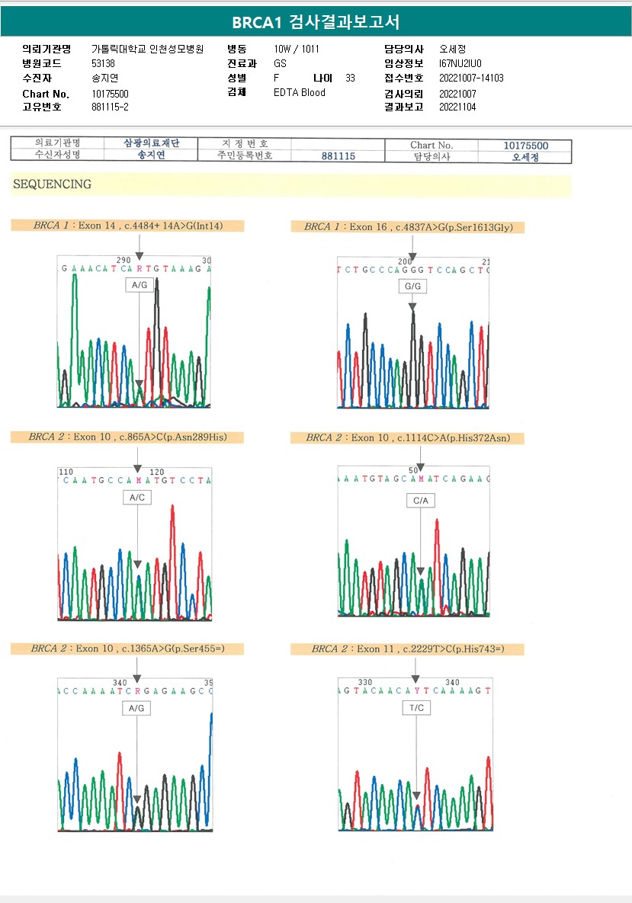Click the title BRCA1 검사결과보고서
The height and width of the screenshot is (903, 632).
pyautogui.click(x=316, y=22)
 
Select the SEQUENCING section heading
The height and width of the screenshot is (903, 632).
pyautogui.click(x=53, y=184)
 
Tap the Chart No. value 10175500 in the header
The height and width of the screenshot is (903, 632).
pyautogui.click(x=110, y=94)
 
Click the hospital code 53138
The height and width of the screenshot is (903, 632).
pyautogui.click(x=103, y=63)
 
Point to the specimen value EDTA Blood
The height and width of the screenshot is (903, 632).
pyautogui.click(x=300, y=92)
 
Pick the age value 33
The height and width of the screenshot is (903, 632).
pyautogui.click(x=350, y=78)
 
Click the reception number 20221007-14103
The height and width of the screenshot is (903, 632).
pyautogui.click(x=471, y=78)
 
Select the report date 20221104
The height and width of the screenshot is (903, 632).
pyautogui.click(x=457, y=107)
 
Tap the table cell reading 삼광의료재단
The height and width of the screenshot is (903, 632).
pyautogui.click(x=151, y=143)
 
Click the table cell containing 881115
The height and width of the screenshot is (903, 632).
pyautogui.click(x=338, y=155)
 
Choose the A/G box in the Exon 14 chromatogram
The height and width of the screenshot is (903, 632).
pyautogui.click(x=140, y=284)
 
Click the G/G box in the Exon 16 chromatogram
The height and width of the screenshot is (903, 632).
pyautogui.click(x=412, y=287)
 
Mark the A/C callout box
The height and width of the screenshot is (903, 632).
pyautogui.click(x=137, y=497)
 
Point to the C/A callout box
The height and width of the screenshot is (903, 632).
pyautogui.click(x=421, y=501)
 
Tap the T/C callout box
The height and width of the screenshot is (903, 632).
pyautogui.click(x=416, y=708)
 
